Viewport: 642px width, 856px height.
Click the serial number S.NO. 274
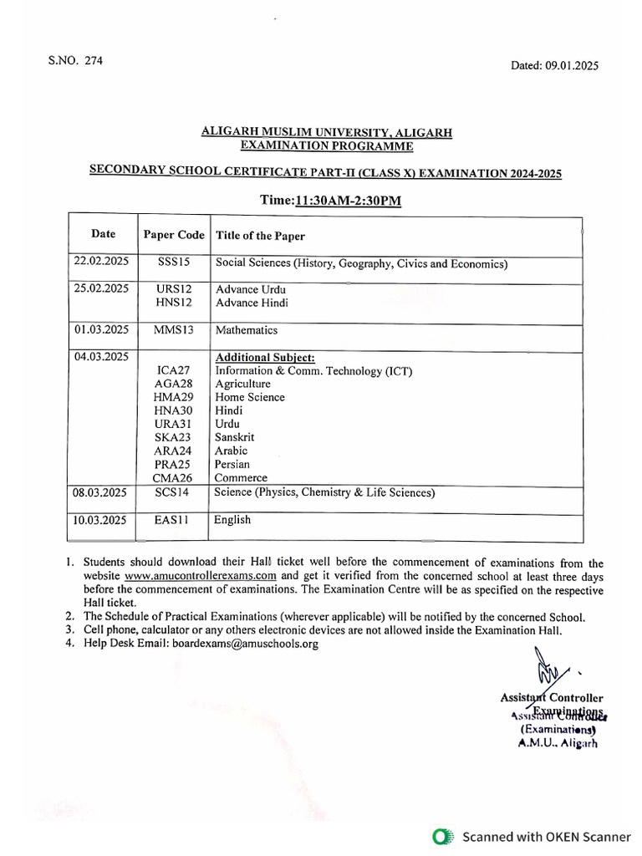pyautogui.click(x=75, y=61)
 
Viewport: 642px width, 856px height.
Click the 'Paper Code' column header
pyautogui.click(x=174, y=235)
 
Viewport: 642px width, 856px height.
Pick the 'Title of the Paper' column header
pyautogui.click(x=260, y=236)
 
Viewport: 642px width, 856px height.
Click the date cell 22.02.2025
pyautogui.click(x=101, y=262)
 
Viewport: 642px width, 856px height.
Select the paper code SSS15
pyautogui.click(x=174, y=262)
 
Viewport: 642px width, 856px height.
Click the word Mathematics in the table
pyautogui.click(x=247, y=330)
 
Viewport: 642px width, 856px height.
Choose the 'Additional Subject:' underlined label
pyautogui.click(x=265, y=357)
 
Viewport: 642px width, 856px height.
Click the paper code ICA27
pyautogui.click(x=174, y=370)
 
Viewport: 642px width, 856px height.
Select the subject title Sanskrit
pyautogui.click(x=235, y=437)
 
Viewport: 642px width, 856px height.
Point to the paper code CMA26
pyautogui.click(x=173, y=477)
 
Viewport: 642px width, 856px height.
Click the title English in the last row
pyautogui.click(x=232, y=520)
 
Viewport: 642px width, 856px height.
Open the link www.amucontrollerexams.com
pyautogui.click(x=201, y=577)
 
